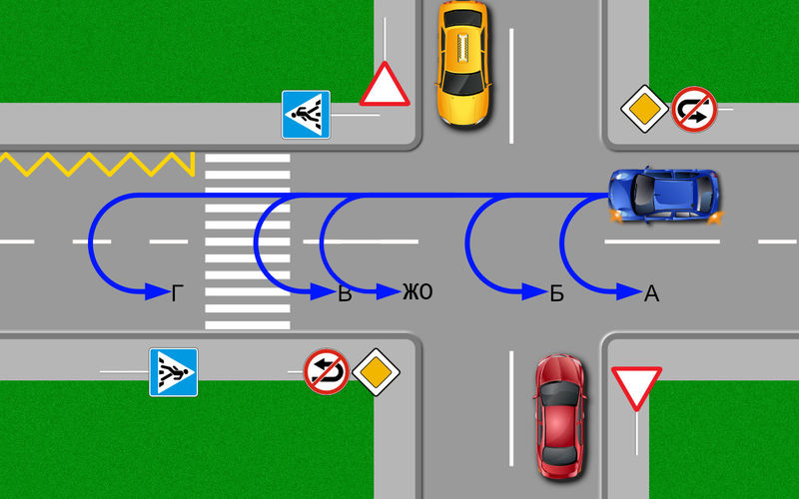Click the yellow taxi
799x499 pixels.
(x=463, y=63)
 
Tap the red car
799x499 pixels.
(x=559, y=416)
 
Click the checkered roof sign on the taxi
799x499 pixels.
(x=463, y=48)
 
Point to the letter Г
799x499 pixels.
(x=177, y=293)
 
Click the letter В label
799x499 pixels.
(x=345, y=294)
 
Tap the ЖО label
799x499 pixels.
(x=417, y=291)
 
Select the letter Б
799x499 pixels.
(x=557, y=293)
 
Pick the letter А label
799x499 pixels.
(x=652, y=293)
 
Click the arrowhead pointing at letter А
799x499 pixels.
(x=629, y=291)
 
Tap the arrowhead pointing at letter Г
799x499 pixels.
(x=157, y=291)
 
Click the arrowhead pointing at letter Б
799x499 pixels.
(x=534, y=291)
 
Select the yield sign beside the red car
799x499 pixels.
(x=636, y=385)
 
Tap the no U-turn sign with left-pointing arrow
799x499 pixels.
(x=327, y=371)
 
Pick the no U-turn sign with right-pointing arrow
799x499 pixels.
(x=694, y=110)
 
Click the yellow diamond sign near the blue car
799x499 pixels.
(x=644, y=109)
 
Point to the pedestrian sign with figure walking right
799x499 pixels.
(x=173, y=372)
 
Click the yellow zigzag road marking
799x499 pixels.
(x=97, y=164)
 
